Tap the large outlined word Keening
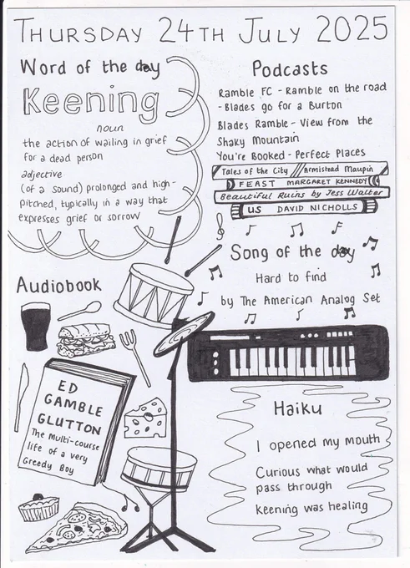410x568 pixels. tap(91, 101)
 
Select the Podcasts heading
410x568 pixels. tap(290, 68)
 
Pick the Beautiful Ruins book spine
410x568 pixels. tap(301, 194)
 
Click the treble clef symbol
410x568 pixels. tap(220, 226)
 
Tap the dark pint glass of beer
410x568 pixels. tap(36, 326)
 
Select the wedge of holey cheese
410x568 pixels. tap(144, 418)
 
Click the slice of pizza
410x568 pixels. tap(78, 526)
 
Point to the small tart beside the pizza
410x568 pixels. tap(38, 507)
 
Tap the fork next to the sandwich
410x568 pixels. tap(134, 357)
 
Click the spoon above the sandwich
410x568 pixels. tap(79, 311)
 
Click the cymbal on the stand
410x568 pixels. tap(184, 332)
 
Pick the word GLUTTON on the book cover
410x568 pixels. tap(68, 423)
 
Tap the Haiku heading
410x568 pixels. tap(298, 408)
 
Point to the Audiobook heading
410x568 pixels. tap(58, 285)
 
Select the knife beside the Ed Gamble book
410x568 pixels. tap(21, 398)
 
